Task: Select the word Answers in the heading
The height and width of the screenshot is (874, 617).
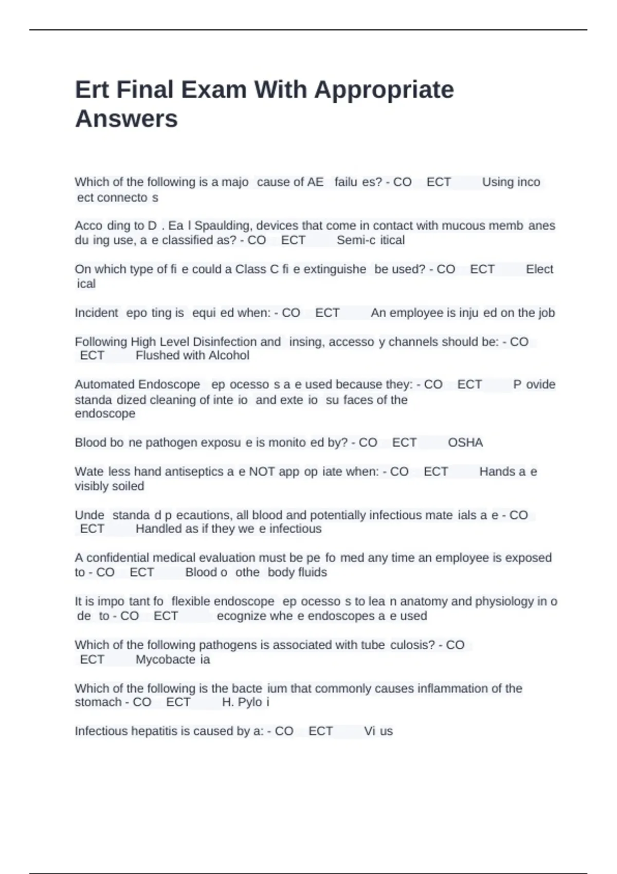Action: point(126,119)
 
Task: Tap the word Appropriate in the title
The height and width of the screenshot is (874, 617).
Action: point(384,90)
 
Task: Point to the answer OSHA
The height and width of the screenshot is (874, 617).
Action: point(465,443)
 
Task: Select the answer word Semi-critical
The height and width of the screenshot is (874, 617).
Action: point(371,240)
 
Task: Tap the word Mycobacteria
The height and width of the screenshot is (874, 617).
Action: point(173,660)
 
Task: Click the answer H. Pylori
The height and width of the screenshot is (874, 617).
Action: point(246,702)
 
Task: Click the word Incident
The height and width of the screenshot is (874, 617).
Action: point(96,313)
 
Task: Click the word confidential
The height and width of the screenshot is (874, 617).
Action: point(118,558)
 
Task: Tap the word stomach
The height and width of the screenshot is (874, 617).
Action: point(98,702)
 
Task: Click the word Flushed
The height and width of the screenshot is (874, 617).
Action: point(155,355)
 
